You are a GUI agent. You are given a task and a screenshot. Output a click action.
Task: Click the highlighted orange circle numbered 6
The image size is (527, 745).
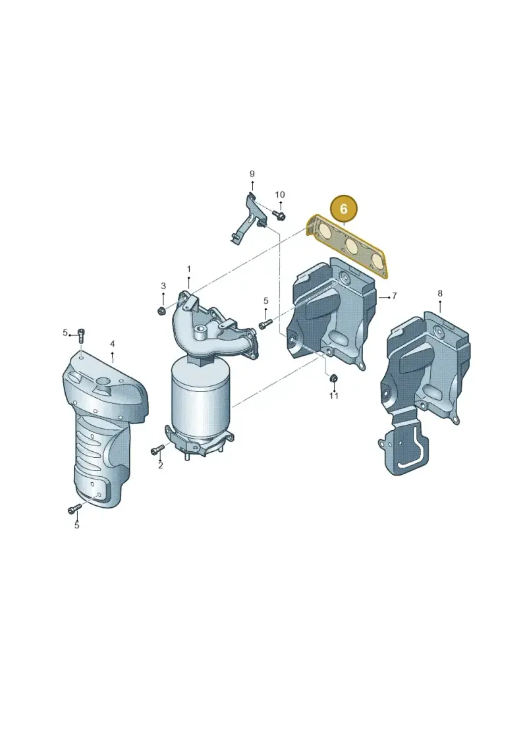pos(344,209)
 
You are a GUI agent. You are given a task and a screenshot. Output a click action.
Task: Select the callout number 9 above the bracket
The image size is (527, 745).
pos(252,174)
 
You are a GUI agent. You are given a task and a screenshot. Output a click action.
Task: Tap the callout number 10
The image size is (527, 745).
pos(280,195)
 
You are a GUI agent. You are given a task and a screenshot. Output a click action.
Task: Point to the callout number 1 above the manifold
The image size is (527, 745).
pos(188,269)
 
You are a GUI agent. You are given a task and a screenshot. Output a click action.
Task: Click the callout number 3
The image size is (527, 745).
pos(163,286)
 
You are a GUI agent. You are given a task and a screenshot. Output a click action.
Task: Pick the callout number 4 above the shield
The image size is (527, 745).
pos(112,344)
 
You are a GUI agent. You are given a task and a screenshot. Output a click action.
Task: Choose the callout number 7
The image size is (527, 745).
pos(395,296)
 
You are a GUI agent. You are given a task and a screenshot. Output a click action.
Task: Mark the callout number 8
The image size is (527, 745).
pos(440,294)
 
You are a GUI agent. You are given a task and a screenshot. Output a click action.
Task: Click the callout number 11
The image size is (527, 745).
pos(333,395)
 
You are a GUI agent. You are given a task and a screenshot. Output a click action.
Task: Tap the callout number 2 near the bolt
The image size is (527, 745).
pos(161,466)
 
